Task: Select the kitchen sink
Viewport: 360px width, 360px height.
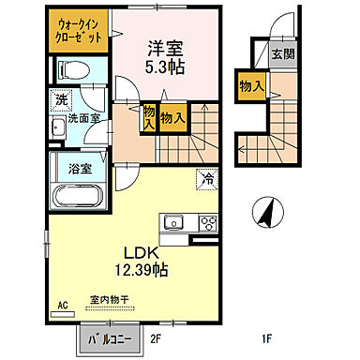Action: click(x=173, y=223)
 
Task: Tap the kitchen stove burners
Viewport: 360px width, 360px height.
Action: click(x=206, y=223)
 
